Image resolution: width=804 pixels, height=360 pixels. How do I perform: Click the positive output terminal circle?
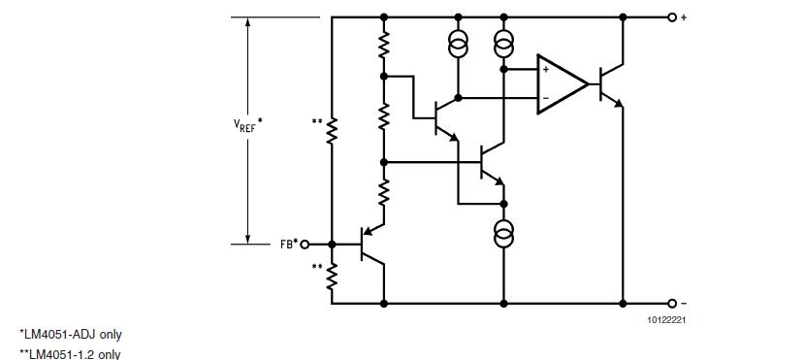click(x=671, y=17)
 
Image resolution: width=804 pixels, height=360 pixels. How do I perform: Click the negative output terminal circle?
click(x=671, y=303)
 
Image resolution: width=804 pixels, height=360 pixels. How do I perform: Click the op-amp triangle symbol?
click(x=562, y=83)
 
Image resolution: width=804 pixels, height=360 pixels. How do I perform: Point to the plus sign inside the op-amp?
click(x=546, y=70)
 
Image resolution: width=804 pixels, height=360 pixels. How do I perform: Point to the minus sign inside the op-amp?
click(x=546, y=98)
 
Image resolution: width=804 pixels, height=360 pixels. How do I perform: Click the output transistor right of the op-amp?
click(x=610, y=83)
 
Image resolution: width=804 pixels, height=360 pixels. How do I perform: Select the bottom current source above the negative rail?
click(x=504, y=233)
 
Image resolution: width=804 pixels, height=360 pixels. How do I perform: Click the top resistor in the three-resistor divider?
click(x=384, y=46)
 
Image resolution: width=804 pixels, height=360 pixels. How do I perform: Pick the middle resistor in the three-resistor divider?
click(x=384, y=117)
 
